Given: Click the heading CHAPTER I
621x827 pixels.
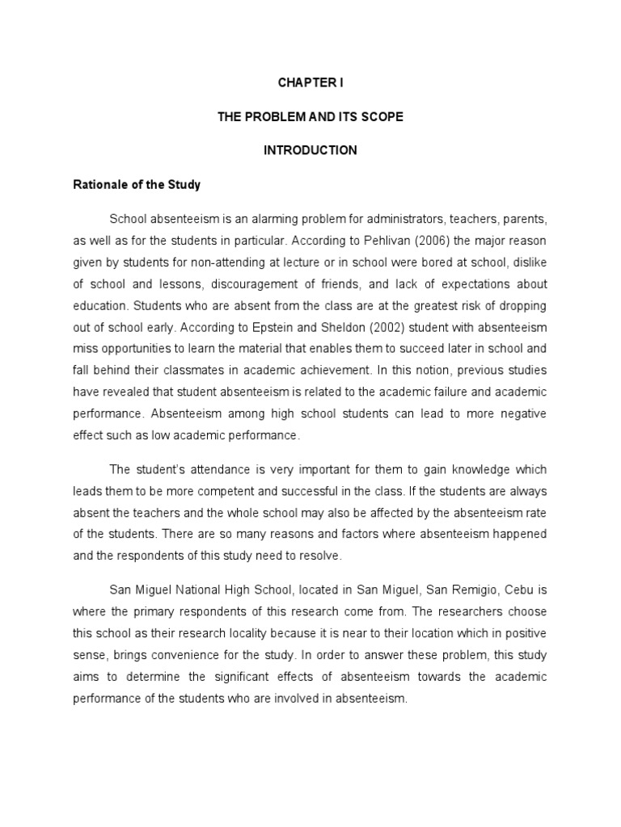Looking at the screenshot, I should (x=310, y=83).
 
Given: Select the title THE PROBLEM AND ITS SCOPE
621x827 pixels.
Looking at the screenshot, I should (x=310, y=117).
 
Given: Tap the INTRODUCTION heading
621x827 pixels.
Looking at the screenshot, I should (x=310, y=151).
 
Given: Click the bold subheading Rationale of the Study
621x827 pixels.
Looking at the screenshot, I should (x=137, y=185).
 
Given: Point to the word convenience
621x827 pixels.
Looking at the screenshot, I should (x=185, y=656).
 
